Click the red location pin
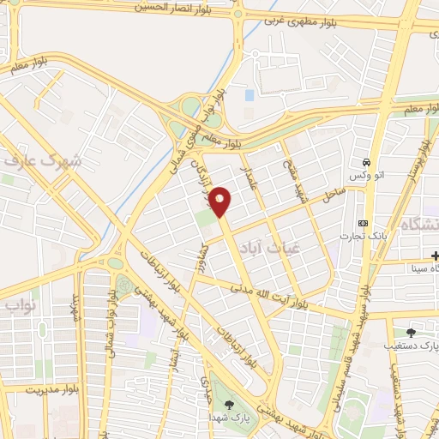coord(220,201)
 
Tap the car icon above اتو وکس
coord(367,161)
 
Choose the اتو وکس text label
coord(366,175)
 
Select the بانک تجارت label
coord(363,237)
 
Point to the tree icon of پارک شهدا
coord(228,404)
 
